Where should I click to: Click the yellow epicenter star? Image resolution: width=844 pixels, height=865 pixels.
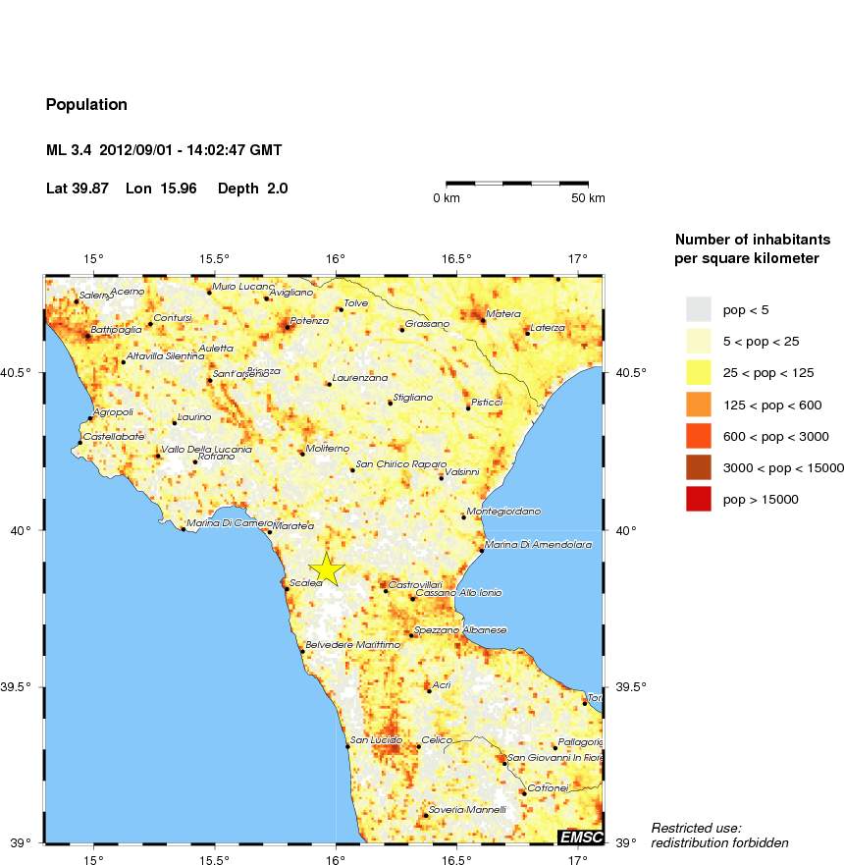tap(326, 569)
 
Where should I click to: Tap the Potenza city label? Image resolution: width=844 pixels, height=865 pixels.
tap(309, 322)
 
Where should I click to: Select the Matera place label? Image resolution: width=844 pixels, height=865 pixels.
tap(503, 314)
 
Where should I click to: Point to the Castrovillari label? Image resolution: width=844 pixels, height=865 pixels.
tap(416, 585)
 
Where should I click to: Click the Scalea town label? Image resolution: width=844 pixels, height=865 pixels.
tap(306, 583)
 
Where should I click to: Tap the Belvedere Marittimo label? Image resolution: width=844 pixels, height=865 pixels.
tap(353, 645)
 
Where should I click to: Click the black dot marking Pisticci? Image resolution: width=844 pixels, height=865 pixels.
tap(468, 407)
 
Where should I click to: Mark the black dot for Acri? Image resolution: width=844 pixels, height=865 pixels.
tap(429, 690)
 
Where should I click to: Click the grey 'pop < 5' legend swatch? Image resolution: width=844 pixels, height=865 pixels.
tap(698, 309)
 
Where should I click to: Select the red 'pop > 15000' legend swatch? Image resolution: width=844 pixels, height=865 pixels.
tap(698, 500)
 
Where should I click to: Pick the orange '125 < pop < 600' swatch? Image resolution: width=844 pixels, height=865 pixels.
tap(698, 405)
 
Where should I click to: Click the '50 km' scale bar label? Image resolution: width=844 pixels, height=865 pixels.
tap(588, 198)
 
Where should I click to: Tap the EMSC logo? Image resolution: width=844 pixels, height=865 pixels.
tap(579, 837)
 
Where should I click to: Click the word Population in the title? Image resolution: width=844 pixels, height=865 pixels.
tap(86, 104)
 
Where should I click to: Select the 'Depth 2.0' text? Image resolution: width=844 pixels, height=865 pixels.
tap(252, 188)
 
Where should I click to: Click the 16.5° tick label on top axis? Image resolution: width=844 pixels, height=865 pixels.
tap(456, 259)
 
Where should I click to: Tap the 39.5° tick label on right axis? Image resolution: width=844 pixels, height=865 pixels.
tap(628, 687)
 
